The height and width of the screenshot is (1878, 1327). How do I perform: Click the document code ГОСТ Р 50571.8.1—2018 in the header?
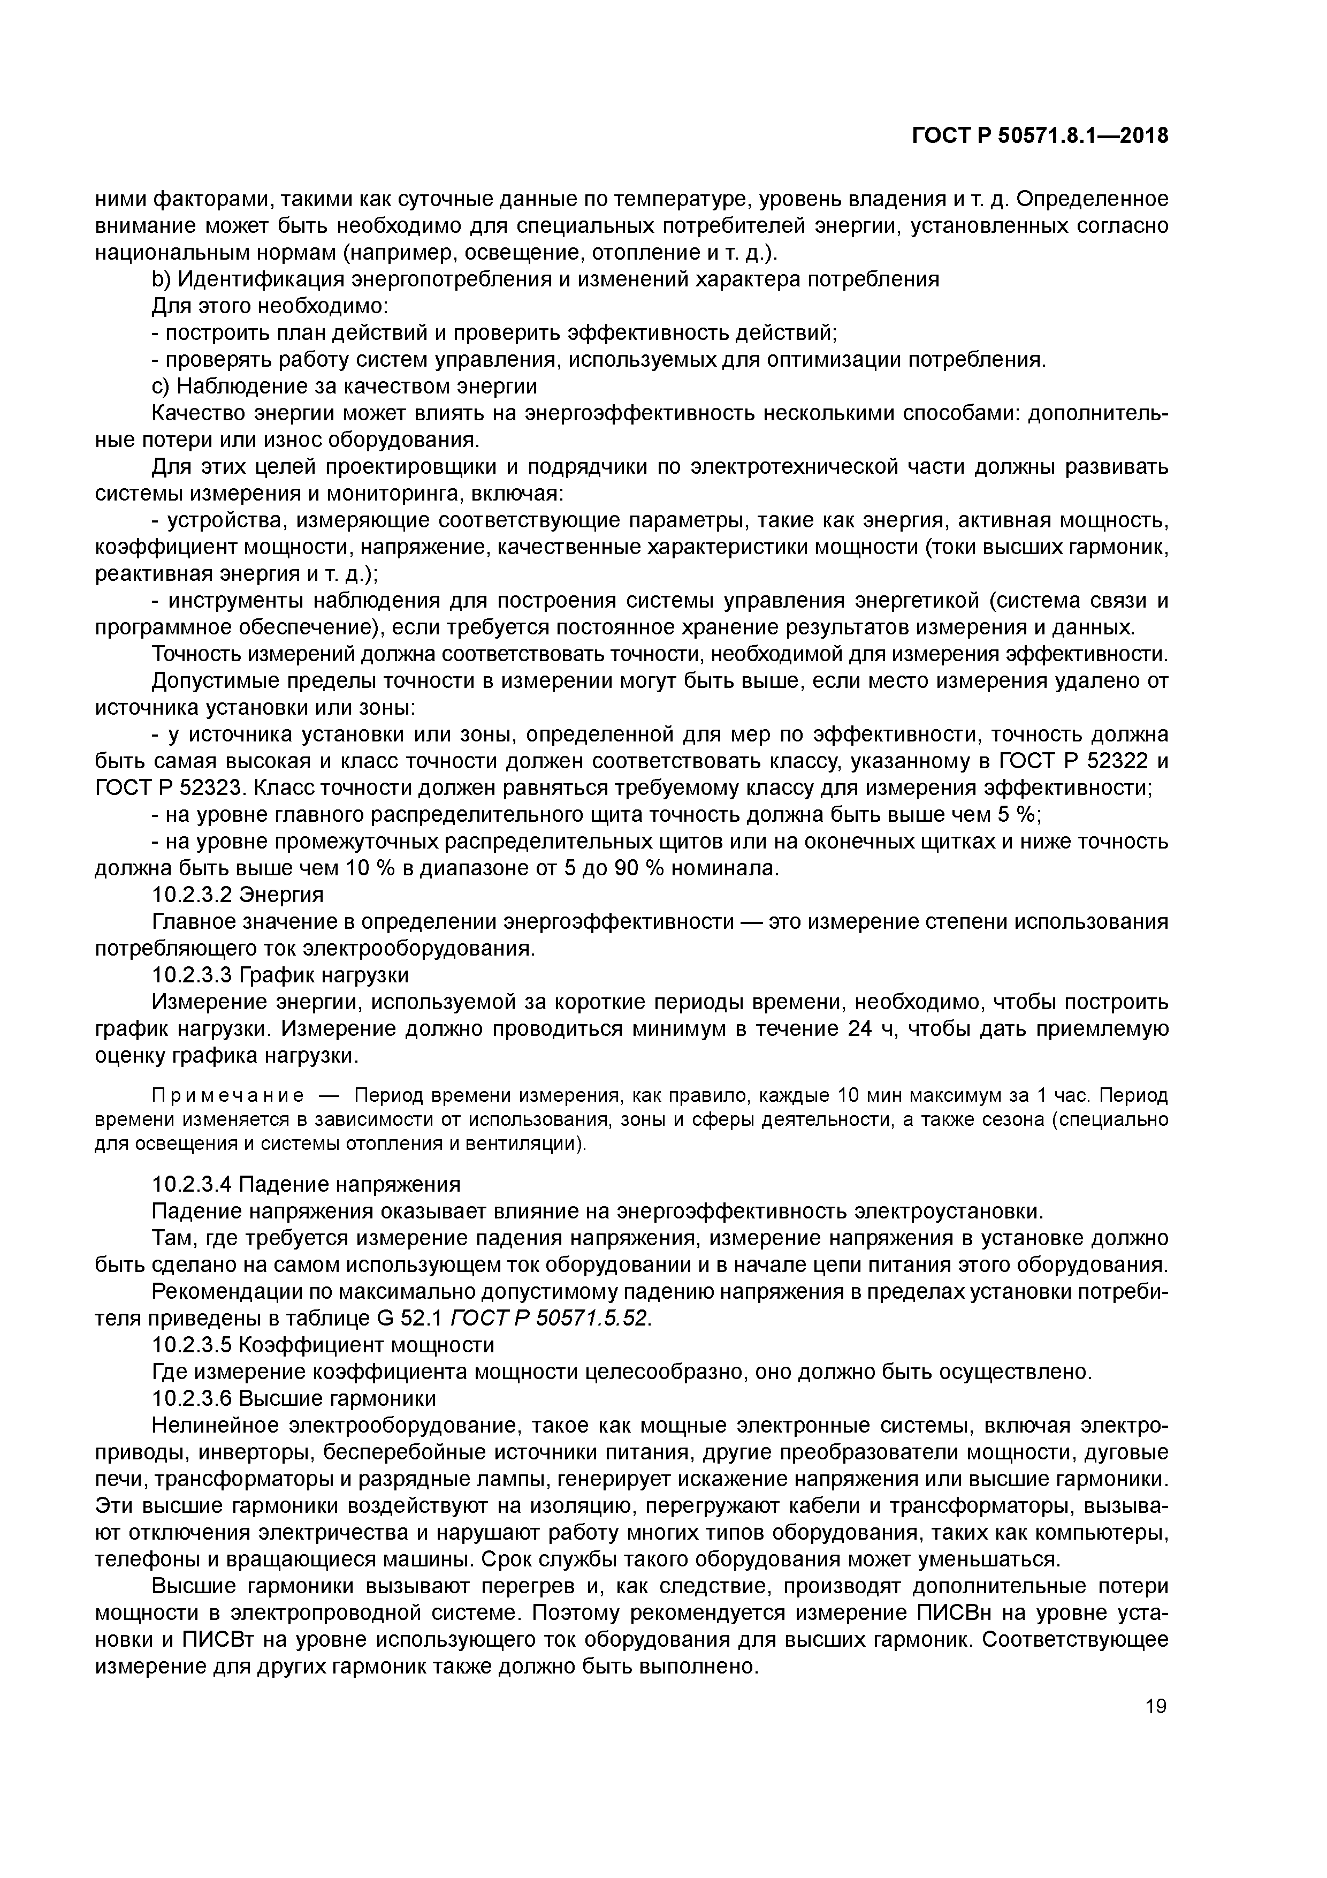click(1040, 137)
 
